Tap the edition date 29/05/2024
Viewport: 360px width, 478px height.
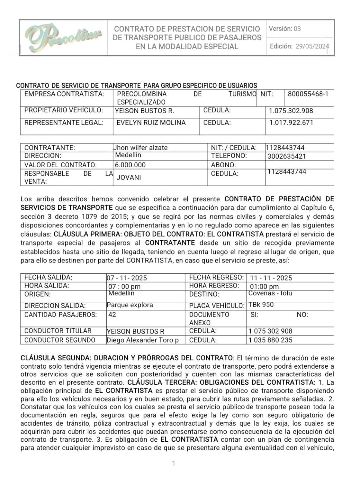[x=312, y=46]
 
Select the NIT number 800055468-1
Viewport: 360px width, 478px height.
[x=308, y=94]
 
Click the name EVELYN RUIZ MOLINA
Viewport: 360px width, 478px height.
[x=151, y=123]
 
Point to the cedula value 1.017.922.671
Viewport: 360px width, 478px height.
[x=291, y=123]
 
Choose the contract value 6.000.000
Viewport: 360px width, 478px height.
[x=130, y=165]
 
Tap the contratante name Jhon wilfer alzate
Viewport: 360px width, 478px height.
[x=140, y=148]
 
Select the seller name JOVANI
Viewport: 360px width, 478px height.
[x=129, y=178]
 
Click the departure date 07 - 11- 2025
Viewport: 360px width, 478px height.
[x=127, y=278]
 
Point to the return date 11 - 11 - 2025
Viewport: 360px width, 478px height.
[x=271, y=278]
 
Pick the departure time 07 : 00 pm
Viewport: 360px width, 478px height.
[x=124, y=287]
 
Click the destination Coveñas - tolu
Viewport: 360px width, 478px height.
[x=270, y=294]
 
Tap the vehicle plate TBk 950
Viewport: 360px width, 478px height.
[x=261, y=305]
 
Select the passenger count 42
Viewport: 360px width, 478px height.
[x=112, y=314]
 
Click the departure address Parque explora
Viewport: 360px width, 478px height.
[x=129, y=305]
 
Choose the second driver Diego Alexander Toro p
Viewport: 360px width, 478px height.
[x=143, y=340]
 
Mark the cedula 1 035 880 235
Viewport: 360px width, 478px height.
[x=270, y=340]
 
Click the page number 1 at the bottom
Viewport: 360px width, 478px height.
[x=173, y=463]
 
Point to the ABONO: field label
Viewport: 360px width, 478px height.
[x=223, y=165]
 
